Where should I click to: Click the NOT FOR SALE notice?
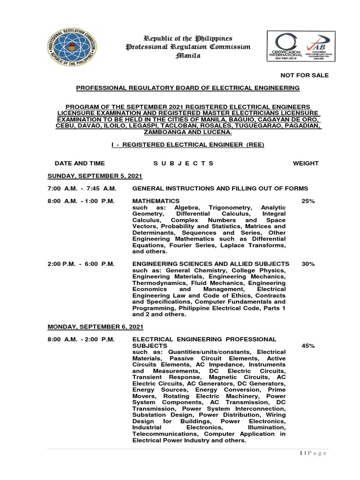(304, 75)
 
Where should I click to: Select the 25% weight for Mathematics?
(308, 201)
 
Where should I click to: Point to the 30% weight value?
(308, 264)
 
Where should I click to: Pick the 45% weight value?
(308, 345)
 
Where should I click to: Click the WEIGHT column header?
(305, 163)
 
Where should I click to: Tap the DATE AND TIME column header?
(80, 163)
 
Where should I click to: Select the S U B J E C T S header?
(183, 163)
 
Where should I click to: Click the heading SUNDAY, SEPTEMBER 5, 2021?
(95, 176)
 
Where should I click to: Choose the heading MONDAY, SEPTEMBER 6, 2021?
(96, 326)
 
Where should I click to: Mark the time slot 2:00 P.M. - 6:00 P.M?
(81, 264)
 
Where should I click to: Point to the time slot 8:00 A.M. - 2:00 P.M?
(81, 339)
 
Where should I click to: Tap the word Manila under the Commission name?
(187, 56)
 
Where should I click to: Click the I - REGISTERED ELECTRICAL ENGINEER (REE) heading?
(187, 144)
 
